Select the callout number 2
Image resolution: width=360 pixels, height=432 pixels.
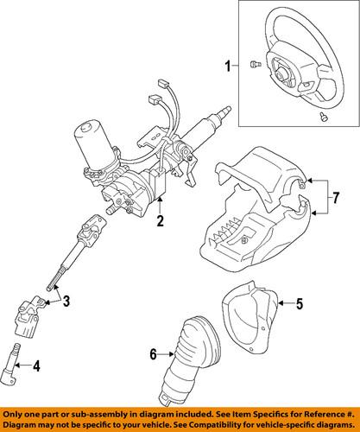tap(159, 222)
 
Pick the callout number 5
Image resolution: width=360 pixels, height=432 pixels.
tap(300, 304)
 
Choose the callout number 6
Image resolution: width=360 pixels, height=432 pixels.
tap(155, 355)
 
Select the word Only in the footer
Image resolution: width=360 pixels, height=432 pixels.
tap(15, 412)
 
